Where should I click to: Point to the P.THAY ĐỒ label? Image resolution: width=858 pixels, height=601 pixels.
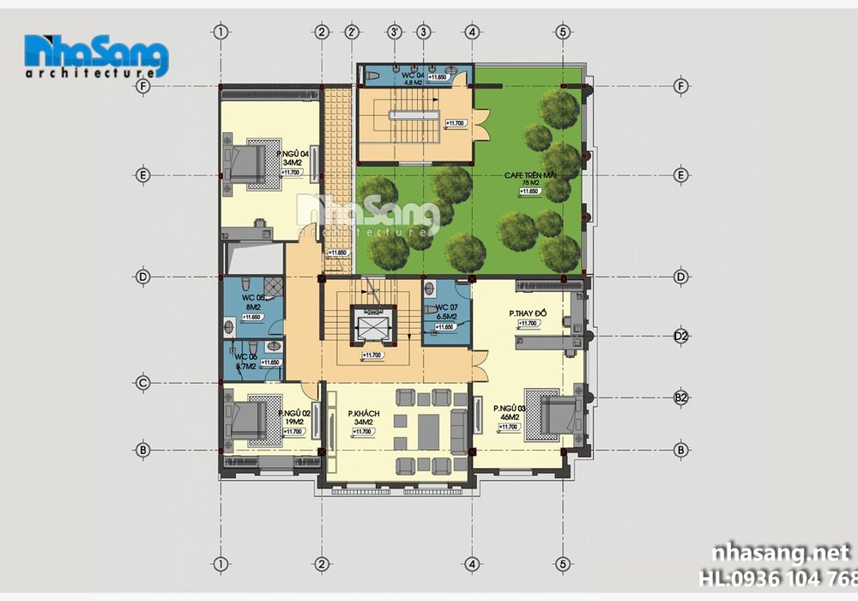(523, 315)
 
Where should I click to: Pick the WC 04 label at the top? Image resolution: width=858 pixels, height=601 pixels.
(413, 76)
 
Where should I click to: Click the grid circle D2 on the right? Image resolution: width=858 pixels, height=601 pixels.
(681, 337)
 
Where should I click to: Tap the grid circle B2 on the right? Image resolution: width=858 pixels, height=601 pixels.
(681, 398)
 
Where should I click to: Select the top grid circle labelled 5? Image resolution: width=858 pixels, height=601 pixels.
(563, 33)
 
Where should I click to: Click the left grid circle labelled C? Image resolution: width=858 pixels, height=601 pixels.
(143, 382)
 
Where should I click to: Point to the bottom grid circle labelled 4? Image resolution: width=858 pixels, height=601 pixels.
(472, 564)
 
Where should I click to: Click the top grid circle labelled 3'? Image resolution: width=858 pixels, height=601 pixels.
(395, 33)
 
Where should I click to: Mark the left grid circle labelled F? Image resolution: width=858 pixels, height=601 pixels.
(143, 86)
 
